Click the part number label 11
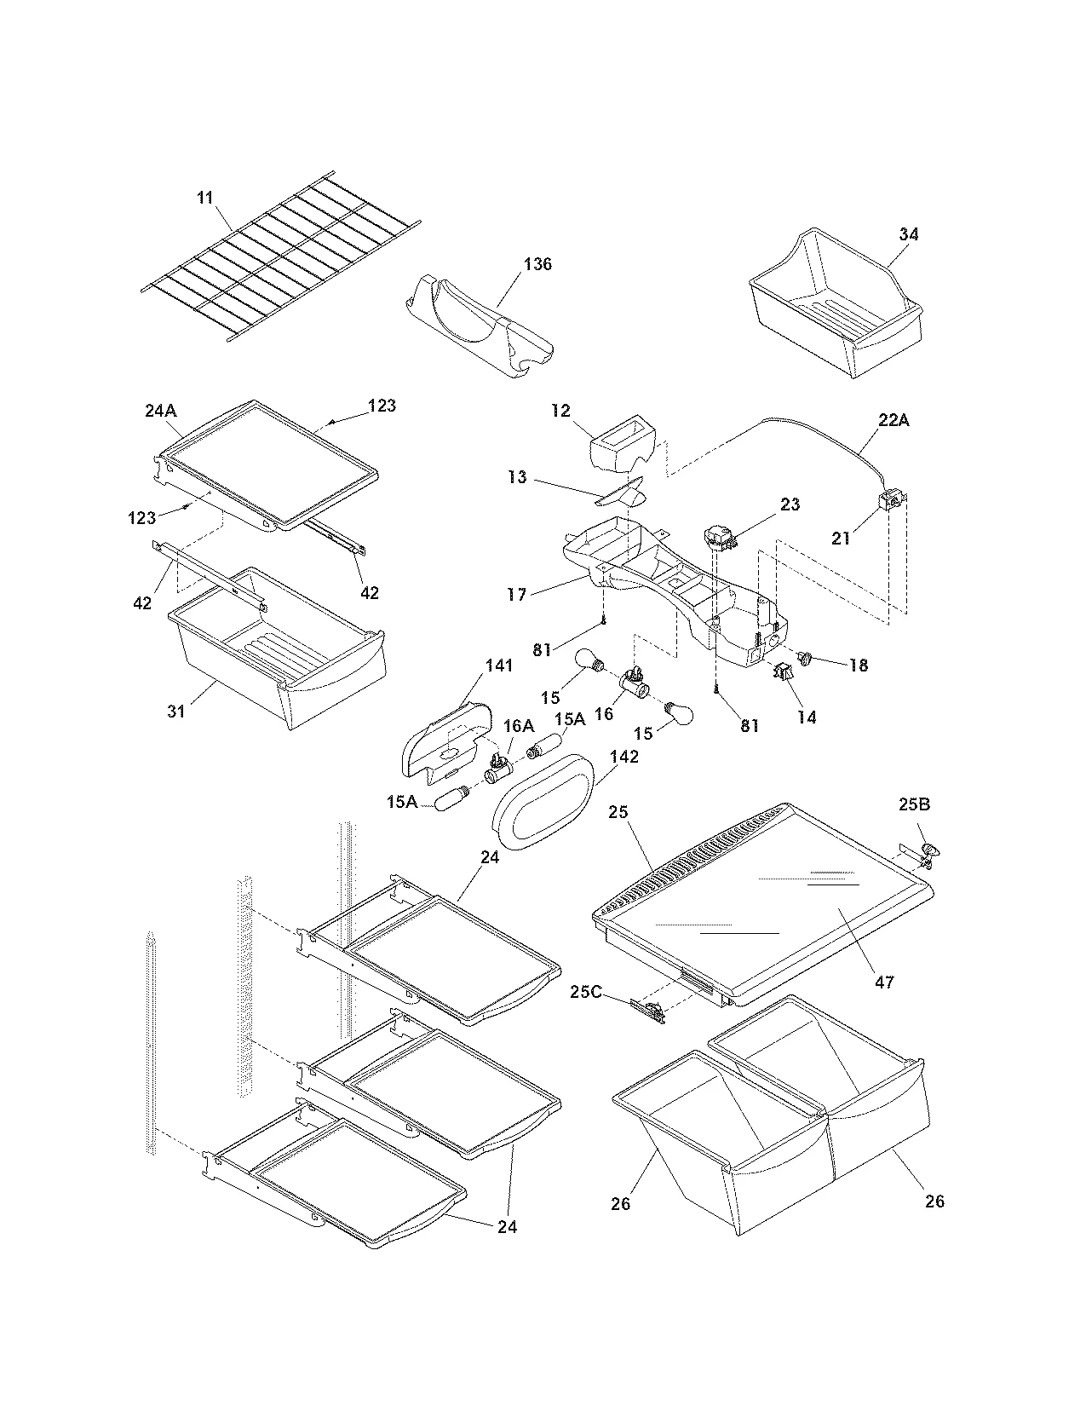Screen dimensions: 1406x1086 204,198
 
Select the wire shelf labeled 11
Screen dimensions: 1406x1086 281,260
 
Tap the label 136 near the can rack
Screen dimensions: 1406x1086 537,264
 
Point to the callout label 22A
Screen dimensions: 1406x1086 892,420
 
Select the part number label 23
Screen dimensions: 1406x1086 790,504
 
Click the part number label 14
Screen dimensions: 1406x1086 806,717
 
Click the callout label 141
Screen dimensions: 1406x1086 499,665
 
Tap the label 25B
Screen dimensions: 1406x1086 915,804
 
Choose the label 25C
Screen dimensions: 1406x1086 586,992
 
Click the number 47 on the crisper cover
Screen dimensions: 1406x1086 884,982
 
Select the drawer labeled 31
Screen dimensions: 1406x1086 281,656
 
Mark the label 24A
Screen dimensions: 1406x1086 160,411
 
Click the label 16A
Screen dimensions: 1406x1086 518,725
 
